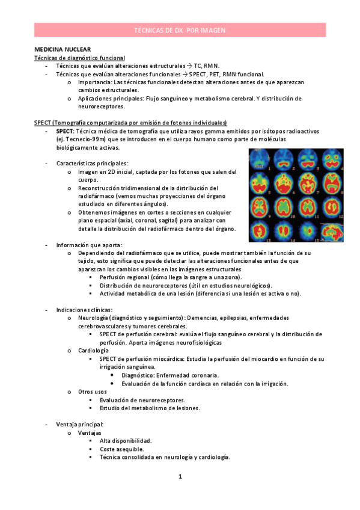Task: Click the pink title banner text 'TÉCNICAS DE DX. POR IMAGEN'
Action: [180, 29]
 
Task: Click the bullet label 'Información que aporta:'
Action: [89, 245]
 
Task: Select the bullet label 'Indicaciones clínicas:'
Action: [84, 310]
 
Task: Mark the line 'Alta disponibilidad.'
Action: [126, 441]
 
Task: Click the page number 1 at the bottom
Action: [180, 477]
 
